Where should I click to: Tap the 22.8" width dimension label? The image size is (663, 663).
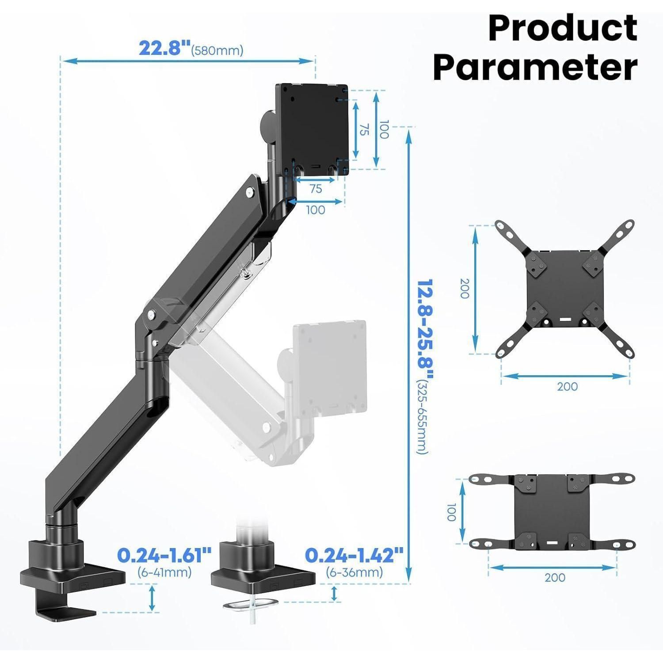164,48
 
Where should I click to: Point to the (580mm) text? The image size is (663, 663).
217,50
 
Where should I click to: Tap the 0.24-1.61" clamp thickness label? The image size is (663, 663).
164,555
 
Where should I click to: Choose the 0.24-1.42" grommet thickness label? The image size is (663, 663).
354,555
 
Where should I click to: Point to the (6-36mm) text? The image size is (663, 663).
354,572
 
